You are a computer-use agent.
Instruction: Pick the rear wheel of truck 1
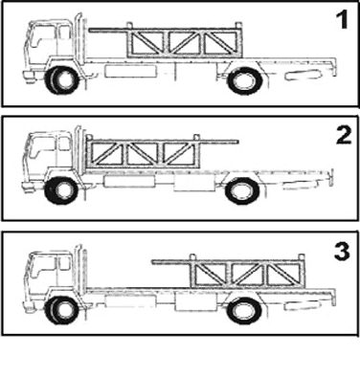243,79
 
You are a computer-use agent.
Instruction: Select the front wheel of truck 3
61,308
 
